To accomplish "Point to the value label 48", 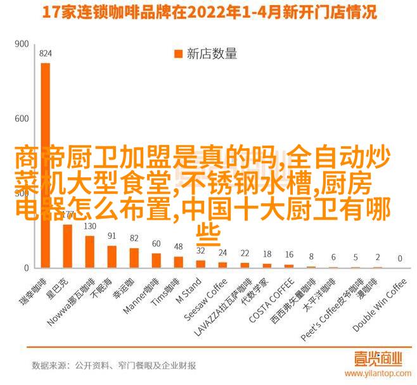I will coord(179,246).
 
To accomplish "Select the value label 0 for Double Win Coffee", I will coord(400,259).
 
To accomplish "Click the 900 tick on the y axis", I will coord(22,45).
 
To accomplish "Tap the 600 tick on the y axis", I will coord(22,118).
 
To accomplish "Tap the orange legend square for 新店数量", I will coord(178,54).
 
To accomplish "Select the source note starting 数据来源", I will coord(113,366).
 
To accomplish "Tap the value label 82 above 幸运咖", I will coord(134,237).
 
